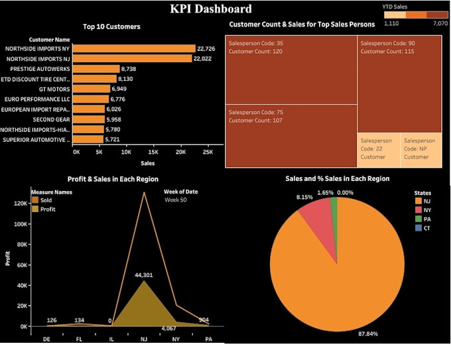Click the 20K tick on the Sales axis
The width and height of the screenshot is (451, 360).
(180, 152)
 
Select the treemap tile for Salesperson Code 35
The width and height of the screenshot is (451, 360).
(291, 70)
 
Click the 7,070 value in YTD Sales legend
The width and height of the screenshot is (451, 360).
(440, 23)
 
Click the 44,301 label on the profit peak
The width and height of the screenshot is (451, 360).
(144, 275)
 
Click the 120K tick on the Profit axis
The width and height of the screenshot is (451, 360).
(18, 202)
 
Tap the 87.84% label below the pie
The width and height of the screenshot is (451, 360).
(368, 333)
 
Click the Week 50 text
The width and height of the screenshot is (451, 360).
(176, 200)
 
